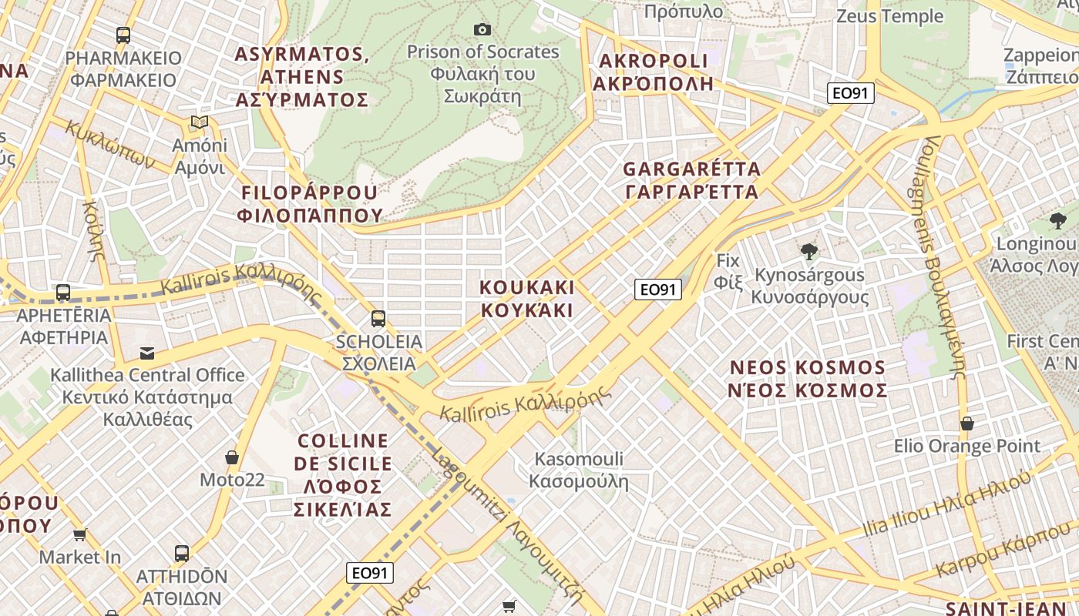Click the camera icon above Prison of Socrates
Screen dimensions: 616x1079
[x=482, y=30]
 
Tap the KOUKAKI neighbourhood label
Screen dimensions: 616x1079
[x=527, y=299]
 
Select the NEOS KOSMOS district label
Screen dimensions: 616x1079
[x=807, y=378]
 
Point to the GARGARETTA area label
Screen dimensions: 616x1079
[x=691, y=179]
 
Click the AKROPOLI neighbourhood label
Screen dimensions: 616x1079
[x=654, y=72]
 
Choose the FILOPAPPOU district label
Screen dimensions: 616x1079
[x=310, y=203]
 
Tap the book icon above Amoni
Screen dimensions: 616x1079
[x=200, y=122]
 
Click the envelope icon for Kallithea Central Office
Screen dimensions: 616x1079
[x=146, y=353]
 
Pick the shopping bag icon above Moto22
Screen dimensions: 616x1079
[x=231, y=458]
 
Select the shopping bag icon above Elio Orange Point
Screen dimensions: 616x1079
[x=966, y=423]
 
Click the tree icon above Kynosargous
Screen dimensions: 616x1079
[x=808, y=252]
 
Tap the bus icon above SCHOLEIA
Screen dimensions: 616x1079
[x=378, y=319]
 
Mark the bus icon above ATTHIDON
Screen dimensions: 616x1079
[x=182, y=553]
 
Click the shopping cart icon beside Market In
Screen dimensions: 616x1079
[x=79, y=534]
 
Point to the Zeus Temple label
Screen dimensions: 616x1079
[x=889, y=16]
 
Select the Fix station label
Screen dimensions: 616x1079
[x=728, y=271]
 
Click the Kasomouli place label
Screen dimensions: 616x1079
[x=579, y=470]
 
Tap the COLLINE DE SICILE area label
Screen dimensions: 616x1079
[x=343, y=475]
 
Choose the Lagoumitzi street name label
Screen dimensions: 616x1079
[x=506, y=524]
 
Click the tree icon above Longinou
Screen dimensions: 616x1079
[x=1057, y=222]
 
